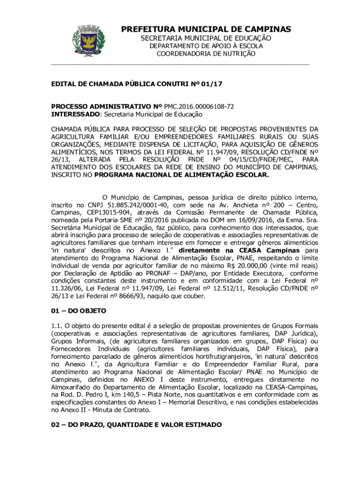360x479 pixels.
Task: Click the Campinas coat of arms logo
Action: pos(87,41)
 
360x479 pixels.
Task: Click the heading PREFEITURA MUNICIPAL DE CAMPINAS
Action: pos(206,29)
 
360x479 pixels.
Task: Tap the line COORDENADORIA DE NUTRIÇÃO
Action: pos(206,54)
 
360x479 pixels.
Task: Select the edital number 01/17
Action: pos(213,85)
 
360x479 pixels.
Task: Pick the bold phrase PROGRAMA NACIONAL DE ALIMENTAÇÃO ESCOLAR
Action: pos(182,175)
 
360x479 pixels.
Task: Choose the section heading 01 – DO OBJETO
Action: pos(79,311)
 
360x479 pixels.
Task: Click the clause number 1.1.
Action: pos(57,326)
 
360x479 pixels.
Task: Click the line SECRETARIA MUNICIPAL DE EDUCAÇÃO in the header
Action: pos(206,38)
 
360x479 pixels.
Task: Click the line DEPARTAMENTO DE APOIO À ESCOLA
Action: pos(206,46)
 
